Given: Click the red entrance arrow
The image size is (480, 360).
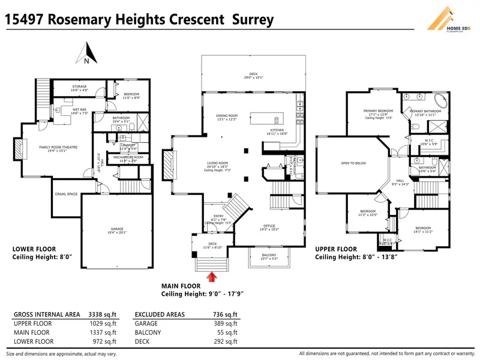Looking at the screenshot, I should (211, 277).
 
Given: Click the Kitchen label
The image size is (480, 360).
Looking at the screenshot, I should (277, 130).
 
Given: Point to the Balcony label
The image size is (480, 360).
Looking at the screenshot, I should (269, 256).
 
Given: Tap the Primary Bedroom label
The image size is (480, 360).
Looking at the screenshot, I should (378, 110).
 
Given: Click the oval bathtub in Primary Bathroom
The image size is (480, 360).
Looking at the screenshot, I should (440, 100).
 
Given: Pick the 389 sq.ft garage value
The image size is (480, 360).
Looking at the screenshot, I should (226, 323).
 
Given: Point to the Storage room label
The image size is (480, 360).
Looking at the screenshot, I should (80, 87).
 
